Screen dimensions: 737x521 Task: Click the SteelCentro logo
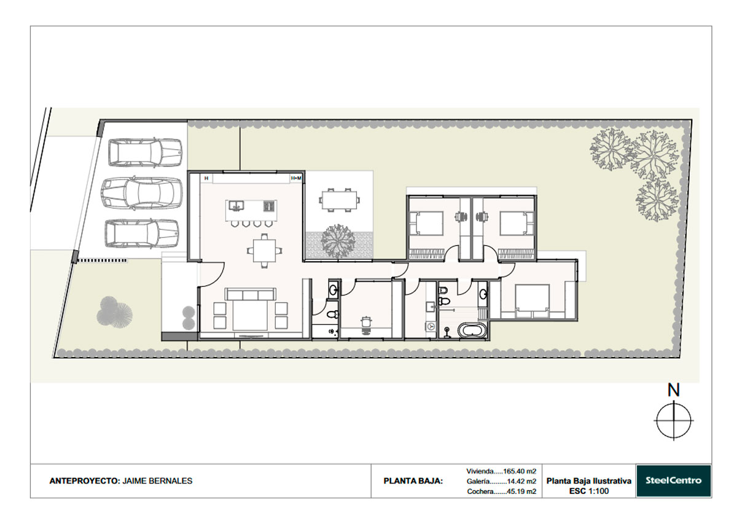pos(673,480)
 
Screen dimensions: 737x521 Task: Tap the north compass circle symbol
pos(674,420)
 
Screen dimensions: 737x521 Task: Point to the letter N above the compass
pos(674,390)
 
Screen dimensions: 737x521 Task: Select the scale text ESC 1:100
pos(589,491)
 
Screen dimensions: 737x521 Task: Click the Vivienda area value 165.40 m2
pos(520,471)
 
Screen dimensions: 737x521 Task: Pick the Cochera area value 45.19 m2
pos(522,492)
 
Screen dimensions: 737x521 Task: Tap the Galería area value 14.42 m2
pos(522,481)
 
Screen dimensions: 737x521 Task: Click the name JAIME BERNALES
pos(157,481)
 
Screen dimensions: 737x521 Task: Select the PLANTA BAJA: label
pos(413,481)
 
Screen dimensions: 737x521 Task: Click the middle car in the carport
pos(142,193)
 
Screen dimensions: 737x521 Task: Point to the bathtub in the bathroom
pos(472,330)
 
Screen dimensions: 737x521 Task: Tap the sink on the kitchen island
pos(236,205)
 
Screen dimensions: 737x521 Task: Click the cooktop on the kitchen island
pos(269,206)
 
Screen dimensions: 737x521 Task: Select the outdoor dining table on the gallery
pos(339,200)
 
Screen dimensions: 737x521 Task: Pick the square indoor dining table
pos(264,251)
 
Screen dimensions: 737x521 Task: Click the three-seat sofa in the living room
pos(251,294)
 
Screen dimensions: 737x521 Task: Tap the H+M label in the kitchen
pos(296,178)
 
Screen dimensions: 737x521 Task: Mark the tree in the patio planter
pos(338,241)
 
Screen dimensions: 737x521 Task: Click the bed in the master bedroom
pos(532,299)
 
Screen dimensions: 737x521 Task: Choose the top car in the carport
pos(145,153)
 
